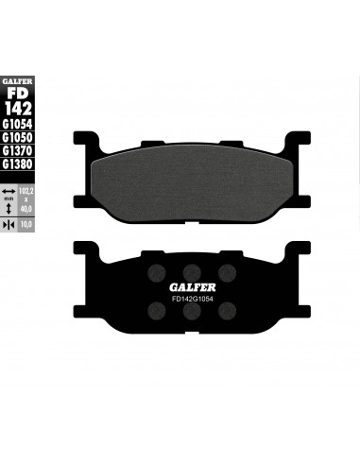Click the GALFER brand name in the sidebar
coord(17,81)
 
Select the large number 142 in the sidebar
coord(18,109)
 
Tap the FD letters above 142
coord(18,93)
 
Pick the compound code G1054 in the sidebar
coord(17,124)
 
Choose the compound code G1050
coord(17,137)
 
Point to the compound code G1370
coord(17,150)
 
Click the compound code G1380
coord(17,164)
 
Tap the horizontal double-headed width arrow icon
coord(9,191)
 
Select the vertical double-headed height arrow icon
coord(9,209)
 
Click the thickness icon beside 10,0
coord(9,225)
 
